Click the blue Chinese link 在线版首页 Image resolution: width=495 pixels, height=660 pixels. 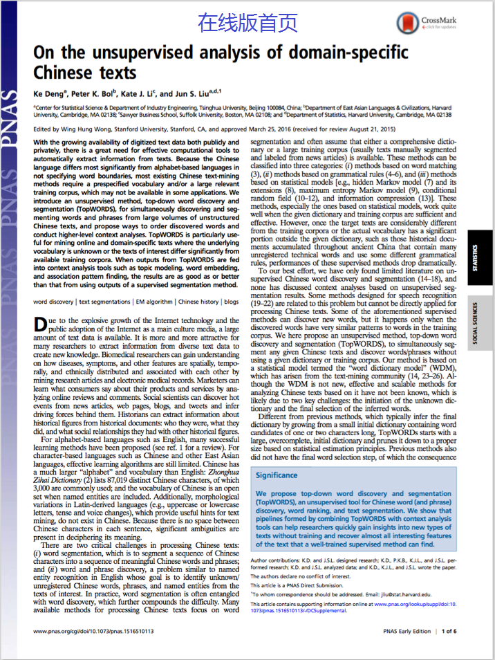(x=247, y=23)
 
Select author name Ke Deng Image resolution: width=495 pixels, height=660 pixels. (x=48, y=93)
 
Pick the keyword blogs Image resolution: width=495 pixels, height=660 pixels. (x=231, y=302)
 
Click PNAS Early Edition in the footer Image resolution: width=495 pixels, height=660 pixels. (x=407, y=631)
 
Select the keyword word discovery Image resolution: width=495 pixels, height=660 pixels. (x=53, y=302)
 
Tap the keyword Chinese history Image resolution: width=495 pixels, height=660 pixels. (x=198, y=302)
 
